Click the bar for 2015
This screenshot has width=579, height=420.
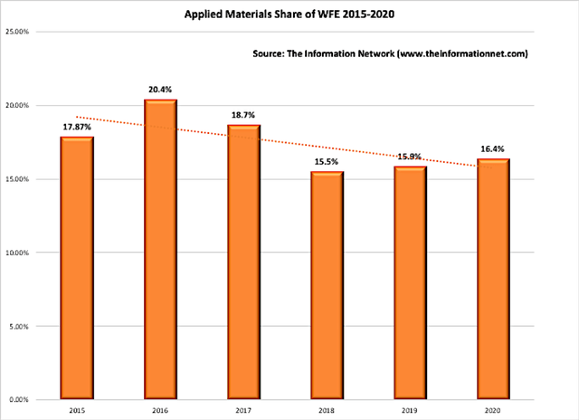(77, 268)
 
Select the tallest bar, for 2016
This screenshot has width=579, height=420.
(160, 249)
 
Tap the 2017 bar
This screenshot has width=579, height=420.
(243, 262)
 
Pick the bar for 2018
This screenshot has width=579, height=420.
(327, 285)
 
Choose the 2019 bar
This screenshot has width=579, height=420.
(410, 282)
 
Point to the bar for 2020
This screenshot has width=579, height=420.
(493, 279)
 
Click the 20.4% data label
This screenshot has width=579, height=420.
(160, 90)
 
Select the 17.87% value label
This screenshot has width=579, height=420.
(77, 127)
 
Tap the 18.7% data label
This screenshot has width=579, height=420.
(243, 115)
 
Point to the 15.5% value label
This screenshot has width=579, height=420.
(327, 162)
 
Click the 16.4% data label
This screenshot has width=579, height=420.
(492, 148)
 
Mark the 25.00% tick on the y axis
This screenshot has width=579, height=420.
(17, 32)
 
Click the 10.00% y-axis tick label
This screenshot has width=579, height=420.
(17, 253)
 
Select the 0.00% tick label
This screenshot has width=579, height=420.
(19, 400)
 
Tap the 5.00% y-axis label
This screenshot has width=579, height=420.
(19, 327)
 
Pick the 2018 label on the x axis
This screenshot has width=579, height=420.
(327, 410)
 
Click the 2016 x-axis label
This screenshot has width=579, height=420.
(160, 410)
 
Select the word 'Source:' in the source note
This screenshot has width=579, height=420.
(269, 53)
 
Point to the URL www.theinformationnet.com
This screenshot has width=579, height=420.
(462, 54)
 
